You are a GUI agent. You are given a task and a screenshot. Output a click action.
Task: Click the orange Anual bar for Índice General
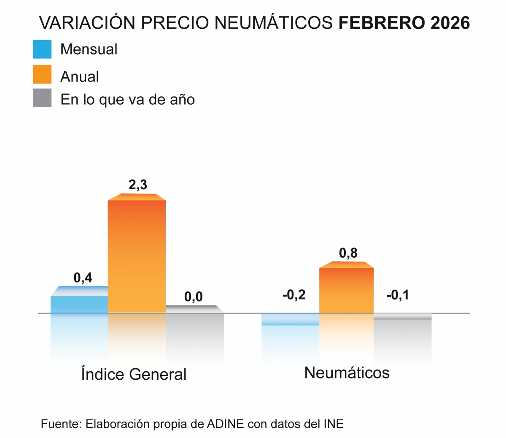pos(137,256)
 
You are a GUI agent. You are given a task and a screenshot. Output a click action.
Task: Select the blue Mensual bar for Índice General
pos(79,304)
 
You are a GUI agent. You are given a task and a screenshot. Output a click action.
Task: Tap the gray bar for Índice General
pos(194,309)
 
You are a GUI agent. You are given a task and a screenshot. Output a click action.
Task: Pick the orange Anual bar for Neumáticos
pos(346,290)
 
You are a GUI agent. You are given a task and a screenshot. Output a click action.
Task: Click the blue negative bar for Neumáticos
pos(290,319)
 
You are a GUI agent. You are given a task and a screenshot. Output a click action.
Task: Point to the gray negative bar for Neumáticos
pos(403,317)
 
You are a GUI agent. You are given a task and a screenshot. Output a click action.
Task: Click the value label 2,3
pos(138,185)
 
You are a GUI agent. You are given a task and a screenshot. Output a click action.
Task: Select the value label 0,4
pos(83,277)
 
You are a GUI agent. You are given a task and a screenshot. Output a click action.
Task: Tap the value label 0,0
pos(194,297)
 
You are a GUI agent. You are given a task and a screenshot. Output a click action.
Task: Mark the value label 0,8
pos(348,253)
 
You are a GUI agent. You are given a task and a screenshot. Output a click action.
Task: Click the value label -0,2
pos(294,295)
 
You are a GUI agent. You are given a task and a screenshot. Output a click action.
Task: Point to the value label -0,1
pos(398,295)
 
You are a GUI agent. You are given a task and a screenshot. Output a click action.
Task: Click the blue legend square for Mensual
pos(42,49)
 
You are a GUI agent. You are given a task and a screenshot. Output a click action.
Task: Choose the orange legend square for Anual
pos(42,74)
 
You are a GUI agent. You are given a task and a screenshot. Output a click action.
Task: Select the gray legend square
pos(42,98)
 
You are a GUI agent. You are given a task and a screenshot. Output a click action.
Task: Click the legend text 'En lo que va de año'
pos(127,100)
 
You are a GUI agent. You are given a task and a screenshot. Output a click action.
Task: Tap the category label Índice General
pos(134,374)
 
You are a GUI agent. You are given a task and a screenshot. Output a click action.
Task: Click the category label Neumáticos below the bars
pos(347,373)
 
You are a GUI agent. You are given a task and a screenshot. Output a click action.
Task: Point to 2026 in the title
pos(450,23)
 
